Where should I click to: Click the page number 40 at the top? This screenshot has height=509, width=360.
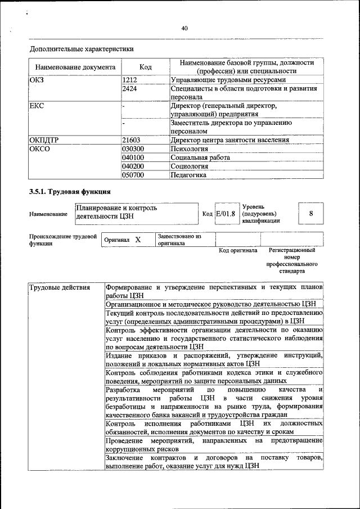184,29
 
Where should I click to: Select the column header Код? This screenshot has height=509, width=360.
145,67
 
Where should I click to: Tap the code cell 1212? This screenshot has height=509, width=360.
130,80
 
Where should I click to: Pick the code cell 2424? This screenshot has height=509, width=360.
130,88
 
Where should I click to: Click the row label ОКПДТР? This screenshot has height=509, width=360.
45,140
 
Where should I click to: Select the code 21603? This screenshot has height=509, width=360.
131,140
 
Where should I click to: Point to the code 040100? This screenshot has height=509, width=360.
133,157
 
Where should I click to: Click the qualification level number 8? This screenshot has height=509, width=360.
310,214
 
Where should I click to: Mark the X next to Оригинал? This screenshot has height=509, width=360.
137,240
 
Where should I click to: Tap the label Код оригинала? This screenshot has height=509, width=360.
237,250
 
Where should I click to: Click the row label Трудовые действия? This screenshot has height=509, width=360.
59,288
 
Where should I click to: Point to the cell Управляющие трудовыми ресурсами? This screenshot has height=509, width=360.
228,80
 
